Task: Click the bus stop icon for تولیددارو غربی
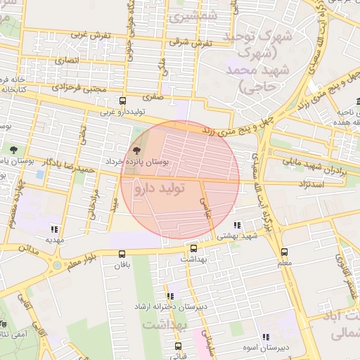coord(123,101)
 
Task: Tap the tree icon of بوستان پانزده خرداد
coord(136,150)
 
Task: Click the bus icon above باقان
coord(122,255)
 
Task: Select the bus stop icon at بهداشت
coord(193,248)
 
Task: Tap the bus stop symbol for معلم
coord(284,252)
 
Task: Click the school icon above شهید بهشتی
coord(237,226)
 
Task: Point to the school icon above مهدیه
coord(54,229)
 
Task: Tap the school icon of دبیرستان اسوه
coord(265,337)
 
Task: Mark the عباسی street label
coord(207,208)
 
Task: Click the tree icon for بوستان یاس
coord(13,149)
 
